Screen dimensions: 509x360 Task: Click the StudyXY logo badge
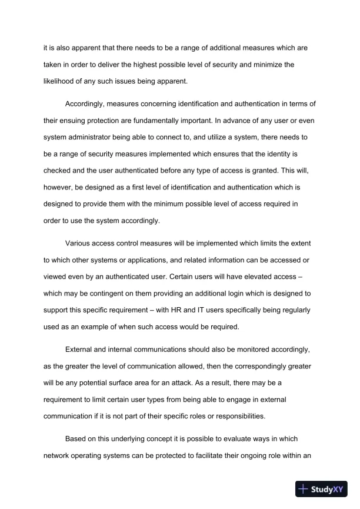point(322,488)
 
